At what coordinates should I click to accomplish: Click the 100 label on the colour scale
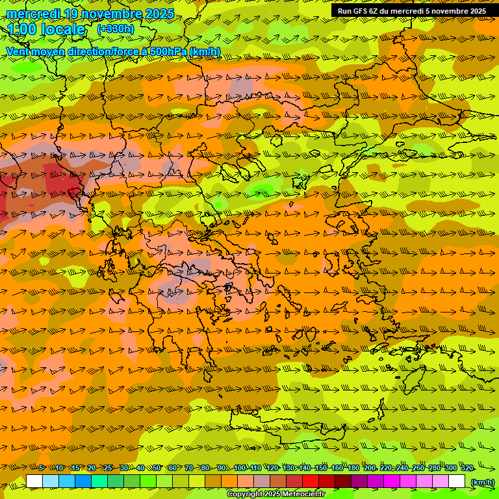[240, 468]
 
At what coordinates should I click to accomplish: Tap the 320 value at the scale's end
[467, 468]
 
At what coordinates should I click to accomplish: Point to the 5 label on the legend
[41, 468]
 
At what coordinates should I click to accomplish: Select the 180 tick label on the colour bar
[353, 468]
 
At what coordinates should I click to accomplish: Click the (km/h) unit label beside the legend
[481, 481]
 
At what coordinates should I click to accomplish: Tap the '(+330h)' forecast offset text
[116, 29]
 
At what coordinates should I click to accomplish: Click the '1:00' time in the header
[23, 29]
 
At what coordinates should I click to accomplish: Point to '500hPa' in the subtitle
[168, 51]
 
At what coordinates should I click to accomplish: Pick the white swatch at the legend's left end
[34, 481]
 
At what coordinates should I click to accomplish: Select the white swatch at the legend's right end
[457, 481]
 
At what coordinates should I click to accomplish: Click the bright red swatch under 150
[311, 481]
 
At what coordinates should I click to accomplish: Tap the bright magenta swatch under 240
[408, 481]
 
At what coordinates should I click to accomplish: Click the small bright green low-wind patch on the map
[262, 190]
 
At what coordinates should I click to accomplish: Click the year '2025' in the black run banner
[476, 11]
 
